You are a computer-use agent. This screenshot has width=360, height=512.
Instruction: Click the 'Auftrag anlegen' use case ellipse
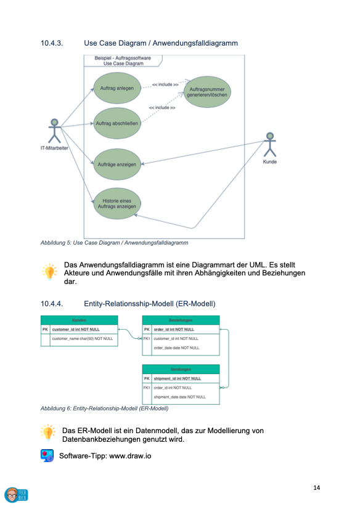(117, 88)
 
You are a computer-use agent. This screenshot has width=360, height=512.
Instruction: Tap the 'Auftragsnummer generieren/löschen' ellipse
(207, 92)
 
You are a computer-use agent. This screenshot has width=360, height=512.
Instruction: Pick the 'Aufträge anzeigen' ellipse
(117, 165)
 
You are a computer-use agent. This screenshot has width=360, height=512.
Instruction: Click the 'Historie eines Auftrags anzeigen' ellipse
(117, 203)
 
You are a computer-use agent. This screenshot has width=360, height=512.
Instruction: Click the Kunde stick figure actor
(269, 145)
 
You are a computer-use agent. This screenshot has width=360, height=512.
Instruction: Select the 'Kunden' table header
(79, 320)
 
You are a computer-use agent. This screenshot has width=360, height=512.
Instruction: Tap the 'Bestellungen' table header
(181, 320)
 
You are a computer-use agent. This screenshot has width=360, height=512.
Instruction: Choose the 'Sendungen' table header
(181, 369)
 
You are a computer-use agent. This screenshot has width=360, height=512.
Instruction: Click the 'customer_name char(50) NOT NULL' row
(83, 338)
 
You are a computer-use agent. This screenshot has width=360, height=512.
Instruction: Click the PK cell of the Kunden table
(45, 330)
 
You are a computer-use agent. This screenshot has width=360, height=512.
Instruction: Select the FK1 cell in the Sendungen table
(147, 388)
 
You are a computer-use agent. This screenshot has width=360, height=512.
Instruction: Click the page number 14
(316, 488)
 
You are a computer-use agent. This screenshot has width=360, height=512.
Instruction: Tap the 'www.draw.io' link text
(130, 456)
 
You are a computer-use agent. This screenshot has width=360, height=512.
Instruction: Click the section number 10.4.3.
(53, 43)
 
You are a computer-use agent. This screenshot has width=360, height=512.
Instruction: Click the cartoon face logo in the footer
(12, 494)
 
